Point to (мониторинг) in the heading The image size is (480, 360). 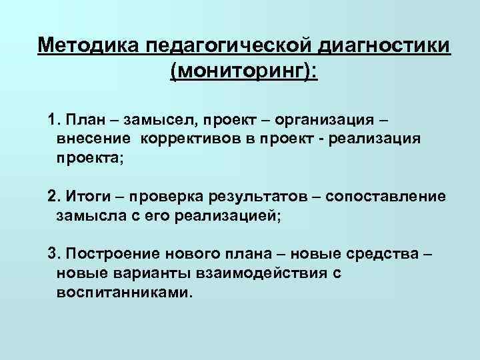click(x=244, y=71)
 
